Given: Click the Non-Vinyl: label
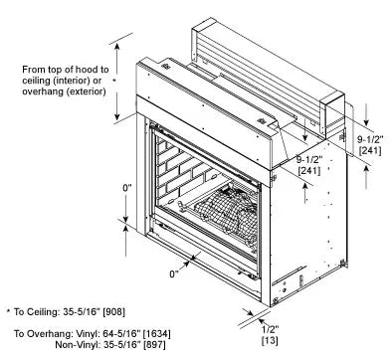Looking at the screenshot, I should tap(78, 347).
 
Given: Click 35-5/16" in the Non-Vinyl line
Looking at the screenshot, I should tap(122, 347).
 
